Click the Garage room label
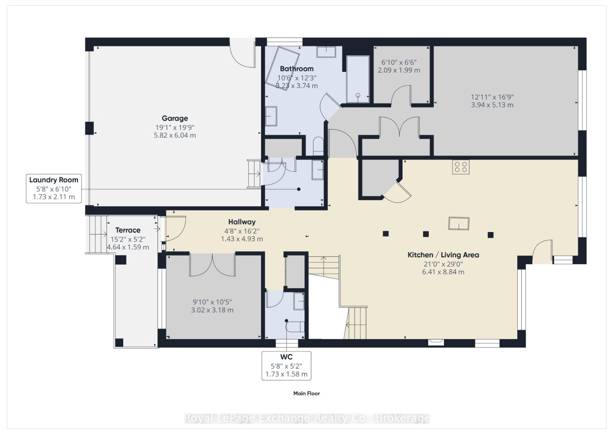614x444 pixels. click(x=174, y=118)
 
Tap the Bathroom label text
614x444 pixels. click(x=297, y=69)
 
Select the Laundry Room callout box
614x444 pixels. click(x=54, y=189)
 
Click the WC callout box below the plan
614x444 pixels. click(x=286, y=366)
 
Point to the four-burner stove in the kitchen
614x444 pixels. click(x=461, y=167)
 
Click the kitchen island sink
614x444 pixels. click(x=459, y=224)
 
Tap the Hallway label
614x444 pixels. click(x=242, y=222)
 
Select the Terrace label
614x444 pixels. click(x=128, y=230)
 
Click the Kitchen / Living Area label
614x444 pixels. click(x=443, y=255)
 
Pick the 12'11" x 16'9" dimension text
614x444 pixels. click(x=492, y=97)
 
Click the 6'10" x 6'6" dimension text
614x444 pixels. click(x=399, y=62)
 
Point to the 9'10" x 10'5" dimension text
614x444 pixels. click(x=212, y=302)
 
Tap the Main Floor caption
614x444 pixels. click(x=307, y=393)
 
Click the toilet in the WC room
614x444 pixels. click(x=295, y=327)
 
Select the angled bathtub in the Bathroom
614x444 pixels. click(x=283, y=68)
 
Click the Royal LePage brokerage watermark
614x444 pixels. click(x=307, y=418)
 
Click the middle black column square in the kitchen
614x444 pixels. click(x=426, y=234)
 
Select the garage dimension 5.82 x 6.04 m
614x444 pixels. click(x=174, y=135)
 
